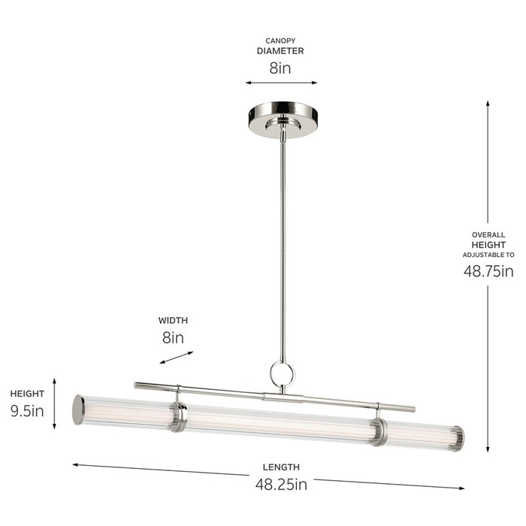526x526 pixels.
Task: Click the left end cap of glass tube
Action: coord(78,410)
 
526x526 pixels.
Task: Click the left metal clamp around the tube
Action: coord(178,416)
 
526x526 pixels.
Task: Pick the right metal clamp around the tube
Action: coord(379,431)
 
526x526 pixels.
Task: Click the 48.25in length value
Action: coord(281,485)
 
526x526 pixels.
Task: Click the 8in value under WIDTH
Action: coord(173,337)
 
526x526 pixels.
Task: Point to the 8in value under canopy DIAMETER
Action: coord(280,68)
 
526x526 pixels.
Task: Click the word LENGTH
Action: coord(281,467)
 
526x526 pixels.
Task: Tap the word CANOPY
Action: coord(280,41)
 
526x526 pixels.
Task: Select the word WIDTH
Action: coord(173,319)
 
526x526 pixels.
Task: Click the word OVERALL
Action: coord(488,234)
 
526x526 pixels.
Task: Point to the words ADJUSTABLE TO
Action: coord(488,255)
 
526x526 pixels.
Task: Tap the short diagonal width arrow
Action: coord(176,358)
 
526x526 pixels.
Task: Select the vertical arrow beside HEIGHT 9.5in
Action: coord(54,404)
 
